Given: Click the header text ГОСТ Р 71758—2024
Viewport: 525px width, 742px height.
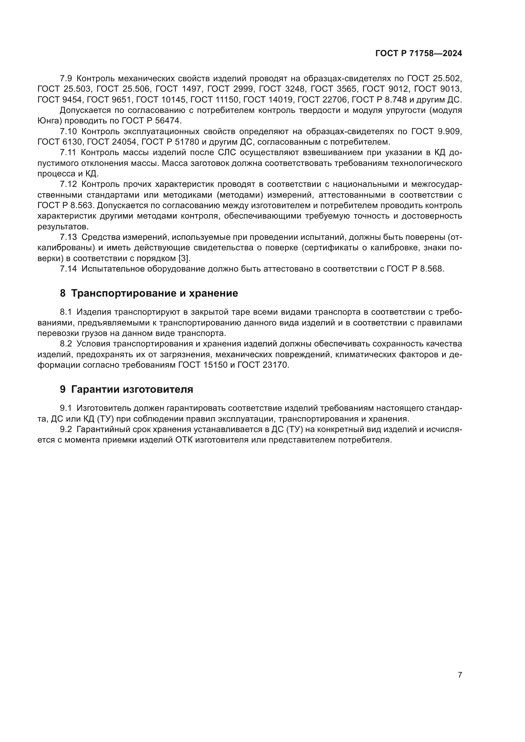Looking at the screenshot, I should click(x=418, y=54).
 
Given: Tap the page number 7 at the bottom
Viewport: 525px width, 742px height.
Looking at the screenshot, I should click(x=460, y=675).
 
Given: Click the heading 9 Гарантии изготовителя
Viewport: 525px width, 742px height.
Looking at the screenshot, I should click(x=126, y=389).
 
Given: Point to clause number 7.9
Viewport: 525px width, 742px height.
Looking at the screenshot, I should click(x=66, y=79).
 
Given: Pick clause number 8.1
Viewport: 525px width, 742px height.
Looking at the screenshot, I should click(x=66, y=312).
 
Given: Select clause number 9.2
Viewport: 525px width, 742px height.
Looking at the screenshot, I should click(x=66, y=430).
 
